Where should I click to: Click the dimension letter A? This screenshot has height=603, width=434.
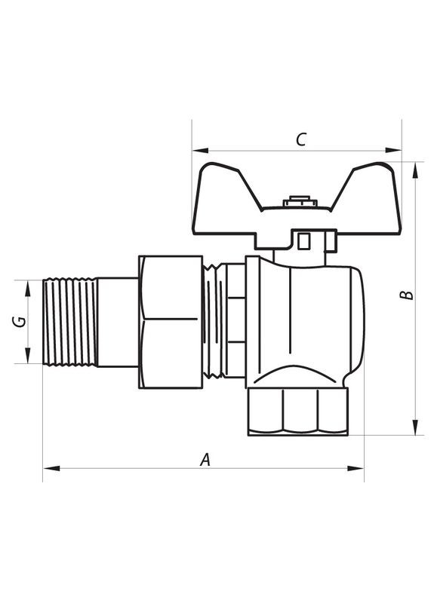click(x=204, y=459)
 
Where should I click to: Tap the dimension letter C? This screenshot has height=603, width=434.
click(x=300, y=139)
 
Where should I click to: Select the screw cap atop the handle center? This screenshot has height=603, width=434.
click(x=296, y=202)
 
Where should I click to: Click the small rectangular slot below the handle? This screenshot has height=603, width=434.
click(x=303, y=241)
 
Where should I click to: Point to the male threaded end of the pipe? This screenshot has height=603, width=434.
click(x=70, y=322)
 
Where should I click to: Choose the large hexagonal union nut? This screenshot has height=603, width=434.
click(x=171, y=322)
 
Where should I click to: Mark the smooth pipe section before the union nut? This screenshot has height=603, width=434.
click(x=118, y=322)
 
